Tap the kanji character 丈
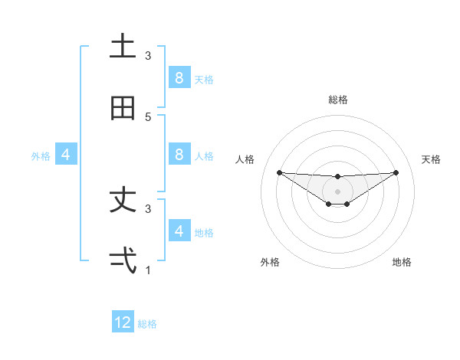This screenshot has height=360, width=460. (x=123, y=200)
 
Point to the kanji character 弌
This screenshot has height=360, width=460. (x=123, y=261)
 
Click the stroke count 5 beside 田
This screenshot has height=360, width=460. (x=148, y=116)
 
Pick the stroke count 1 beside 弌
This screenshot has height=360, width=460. (x=148, y=270)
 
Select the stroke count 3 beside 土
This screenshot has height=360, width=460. (x=148, y=55)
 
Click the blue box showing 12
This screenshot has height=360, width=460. (x=123, y=322)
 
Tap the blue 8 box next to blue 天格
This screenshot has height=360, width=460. (x=179, y=77)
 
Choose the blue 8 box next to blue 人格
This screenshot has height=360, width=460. (x=179, y=154)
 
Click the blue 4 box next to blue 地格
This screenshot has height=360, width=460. (x=179, y=231)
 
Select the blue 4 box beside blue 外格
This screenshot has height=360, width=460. (x=65, y=154)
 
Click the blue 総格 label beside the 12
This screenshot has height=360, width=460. (x=147, y=324)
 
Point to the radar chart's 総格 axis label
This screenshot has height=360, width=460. (x=337, y=100)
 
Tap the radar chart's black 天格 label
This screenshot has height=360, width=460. (x=431, y=159)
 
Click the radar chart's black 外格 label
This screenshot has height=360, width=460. (x=270, y=262)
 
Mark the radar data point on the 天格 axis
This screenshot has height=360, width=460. (x=396, y=172)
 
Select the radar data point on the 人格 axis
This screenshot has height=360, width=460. (x=279, y=172)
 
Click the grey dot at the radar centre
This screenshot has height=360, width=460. (x=337, y=191)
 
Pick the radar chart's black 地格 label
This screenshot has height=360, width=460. (x=402, y=262)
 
